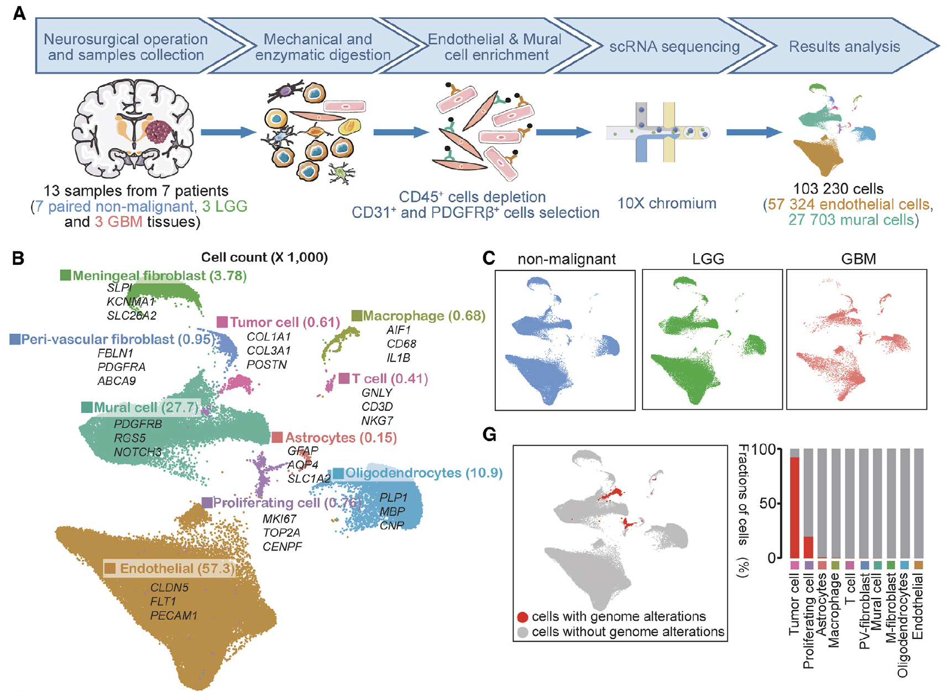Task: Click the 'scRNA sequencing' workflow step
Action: coord(674,46)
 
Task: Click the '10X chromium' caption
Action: coord(667,203)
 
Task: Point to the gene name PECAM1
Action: coord(174,615)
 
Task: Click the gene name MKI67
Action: coord(279,519)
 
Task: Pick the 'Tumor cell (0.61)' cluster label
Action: coord(279,322)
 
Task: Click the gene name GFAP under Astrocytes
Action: coord(302,451)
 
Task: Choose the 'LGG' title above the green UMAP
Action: coord(708,259)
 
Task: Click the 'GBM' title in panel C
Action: coord(858,259)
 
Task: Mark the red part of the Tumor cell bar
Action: coord(794,508)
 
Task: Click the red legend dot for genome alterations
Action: coord(522,617)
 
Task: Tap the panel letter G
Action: coord(489,434)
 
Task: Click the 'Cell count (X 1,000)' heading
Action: coord(264,257)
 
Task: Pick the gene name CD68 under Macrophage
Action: coord(401,344)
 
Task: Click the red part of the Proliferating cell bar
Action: coord(808,548)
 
